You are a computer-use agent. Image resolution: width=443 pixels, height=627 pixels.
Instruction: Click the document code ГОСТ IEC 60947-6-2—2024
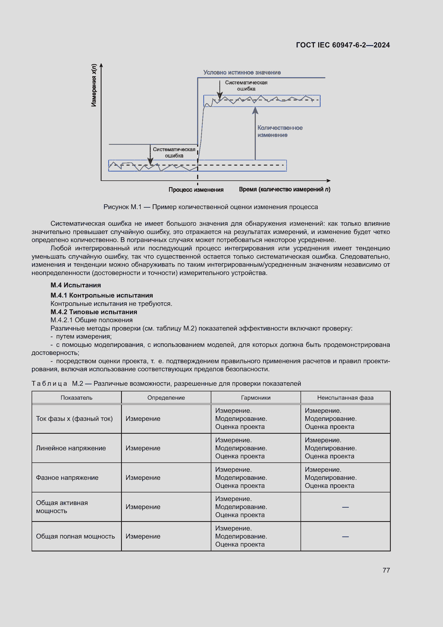(x=343, y=45)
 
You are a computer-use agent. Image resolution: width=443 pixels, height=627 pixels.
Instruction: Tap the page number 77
(x=386, y=570)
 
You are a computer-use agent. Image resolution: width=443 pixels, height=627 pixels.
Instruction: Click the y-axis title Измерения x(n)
(x=94, y=85)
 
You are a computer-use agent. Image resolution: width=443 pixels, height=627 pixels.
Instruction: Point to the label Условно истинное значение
(x=242, y=72)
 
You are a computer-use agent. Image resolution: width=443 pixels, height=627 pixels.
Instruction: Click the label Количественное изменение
(x=280, y=131)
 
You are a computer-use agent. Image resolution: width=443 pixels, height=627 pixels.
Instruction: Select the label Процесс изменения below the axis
(x=196, y=190)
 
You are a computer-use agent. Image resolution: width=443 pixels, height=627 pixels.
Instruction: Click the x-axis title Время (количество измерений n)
(x=284, y=189)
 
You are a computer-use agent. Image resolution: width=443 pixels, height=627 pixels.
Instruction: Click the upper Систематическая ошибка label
(x=246, y=86)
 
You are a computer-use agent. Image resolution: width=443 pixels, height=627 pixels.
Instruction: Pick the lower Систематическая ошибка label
(x=174, y=152)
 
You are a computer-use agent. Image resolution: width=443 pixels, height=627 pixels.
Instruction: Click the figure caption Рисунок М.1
(x=210, y=207)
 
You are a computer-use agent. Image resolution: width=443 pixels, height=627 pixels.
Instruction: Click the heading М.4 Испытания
(x=76, y=285)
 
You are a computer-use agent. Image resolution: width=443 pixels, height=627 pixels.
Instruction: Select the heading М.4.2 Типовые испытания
(x=94, y=312)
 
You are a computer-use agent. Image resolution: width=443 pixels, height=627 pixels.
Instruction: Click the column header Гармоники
(x=256, y=398)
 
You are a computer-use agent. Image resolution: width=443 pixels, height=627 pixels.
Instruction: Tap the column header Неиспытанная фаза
(x=345, y=398)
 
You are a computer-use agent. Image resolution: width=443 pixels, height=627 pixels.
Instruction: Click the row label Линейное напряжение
(x=71, y=448)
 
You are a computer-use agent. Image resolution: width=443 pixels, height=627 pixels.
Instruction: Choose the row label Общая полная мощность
(x=75, y=536)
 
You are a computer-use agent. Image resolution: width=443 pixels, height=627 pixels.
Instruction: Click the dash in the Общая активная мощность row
(x=345, y=507)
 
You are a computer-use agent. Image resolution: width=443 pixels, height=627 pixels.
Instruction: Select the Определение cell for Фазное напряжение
(x=143, y=478)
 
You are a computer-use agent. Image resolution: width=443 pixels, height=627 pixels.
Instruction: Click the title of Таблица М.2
(x=166, y=383)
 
